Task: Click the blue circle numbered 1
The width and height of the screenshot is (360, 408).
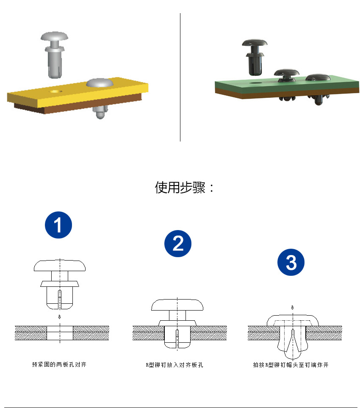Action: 58,225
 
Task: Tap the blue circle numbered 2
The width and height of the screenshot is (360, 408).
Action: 178,244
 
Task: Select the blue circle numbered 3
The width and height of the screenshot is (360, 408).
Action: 291,262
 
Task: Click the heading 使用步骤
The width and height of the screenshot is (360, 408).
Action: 180,187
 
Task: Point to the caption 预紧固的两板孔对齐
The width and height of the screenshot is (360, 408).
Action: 59,364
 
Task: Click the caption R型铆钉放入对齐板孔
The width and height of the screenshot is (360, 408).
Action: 174,365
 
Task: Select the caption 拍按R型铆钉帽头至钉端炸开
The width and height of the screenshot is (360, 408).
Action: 291,365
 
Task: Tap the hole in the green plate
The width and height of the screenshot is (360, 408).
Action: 256,83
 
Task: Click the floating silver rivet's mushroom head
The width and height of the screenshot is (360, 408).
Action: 54,36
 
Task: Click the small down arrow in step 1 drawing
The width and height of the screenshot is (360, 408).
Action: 60,316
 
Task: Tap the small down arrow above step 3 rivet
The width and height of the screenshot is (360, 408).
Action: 293,308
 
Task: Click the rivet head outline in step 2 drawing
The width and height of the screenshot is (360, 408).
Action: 177,305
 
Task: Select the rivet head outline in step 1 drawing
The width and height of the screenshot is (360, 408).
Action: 60,265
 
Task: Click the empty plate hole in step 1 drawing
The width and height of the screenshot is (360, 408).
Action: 60,333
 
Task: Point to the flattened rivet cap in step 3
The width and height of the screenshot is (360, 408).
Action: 293,320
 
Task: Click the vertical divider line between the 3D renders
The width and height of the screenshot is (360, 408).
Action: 180,77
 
